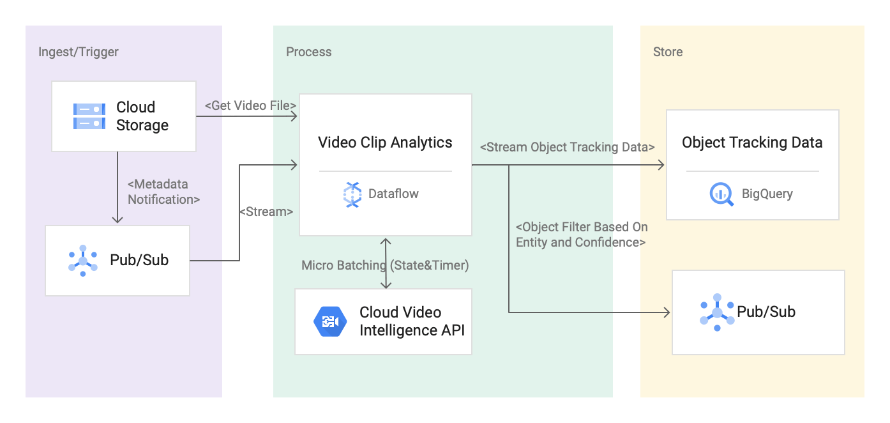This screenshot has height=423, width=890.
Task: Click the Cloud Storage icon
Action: point(89,116)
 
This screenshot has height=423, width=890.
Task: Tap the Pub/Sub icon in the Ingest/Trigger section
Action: point(83,261)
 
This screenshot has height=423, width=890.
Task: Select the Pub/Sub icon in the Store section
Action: point(717,312)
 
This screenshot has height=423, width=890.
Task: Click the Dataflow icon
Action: point(352,194)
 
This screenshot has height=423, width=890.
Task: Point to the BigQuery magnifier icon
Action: point(721,194)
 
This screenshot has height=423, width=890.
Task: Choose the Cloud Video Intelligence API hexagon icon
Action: point(329,321)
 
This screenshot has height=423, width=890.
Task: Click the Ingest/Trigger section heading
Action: point(79,52)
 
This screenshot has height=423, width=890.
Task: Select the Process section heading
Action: point(308,52)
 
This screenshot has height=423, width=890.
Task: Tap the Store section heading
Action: point(667,52)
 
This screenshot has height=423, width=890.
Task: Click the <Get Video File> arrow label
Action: point(250,105)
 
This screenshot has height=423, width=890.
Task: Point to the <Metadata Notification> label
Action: point(163,192)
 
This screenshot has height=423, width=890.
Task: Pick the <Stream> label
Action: point(266,211)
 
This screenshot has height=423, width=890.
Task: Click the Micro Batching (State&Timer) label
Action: point(385,265)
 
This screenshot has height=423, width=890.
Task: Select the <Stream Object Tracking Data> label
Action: point(567,147)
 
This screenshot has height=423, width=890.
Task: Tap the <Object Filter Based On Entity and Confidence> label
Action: point(581,235)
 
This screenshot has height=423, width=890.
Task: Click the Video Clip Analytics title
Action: point(385,142)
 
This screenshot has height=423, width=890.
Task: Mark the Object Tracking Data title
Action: point(752,142)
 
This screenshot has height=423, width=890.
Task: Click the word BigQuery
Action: point(767,194)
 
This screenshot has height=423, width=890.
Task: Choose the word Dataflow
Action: point(393,194)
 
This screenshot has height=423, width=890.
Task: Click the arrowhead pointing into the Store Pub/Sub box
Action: point(667,312)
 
